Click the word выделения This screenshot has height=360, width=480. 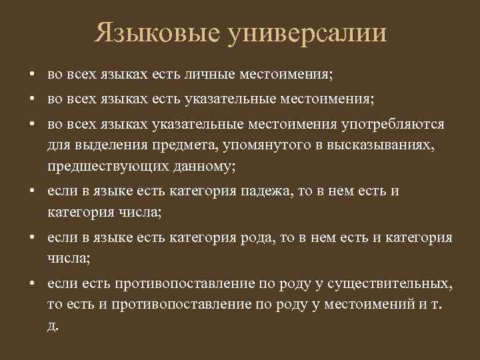point(107,145)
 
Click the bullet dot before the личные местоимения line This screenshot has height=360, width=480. point(32,73)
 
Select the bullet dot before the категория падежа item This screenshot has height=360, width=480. point(32,191)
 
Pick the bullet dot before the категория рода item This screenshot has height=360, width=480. point(32,238)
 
